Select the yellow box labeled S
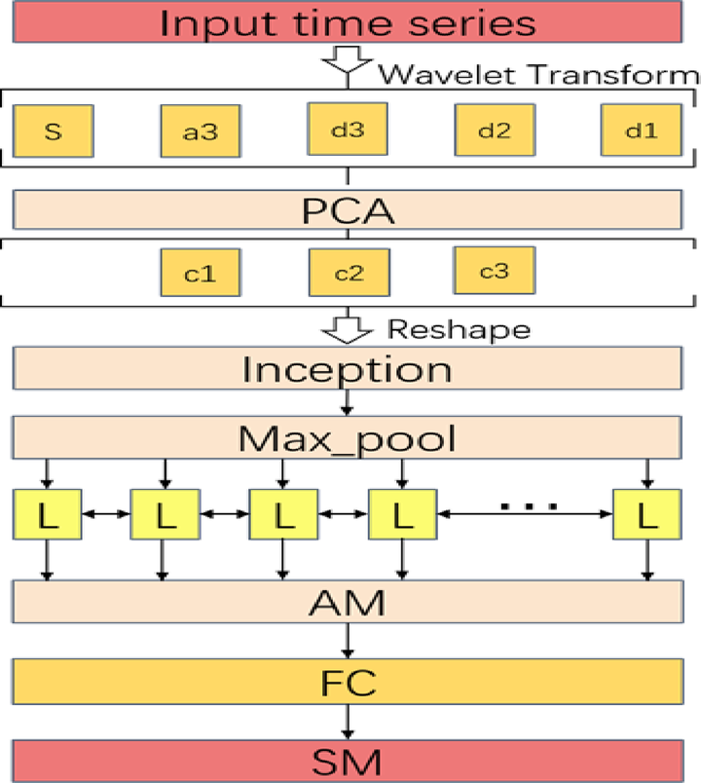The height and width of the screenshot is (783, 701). coord(54,130)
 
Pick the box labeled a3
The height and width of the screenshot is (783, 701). coord(200,130)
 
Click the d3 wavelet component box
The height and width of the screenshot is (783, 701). coord(348,127)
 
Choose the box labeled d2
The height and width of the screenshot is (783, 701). coord(496,130)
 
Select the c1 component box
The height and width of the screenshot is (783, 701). coord(200,273)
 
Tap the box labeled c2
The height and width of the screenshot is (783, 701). coord(348,272)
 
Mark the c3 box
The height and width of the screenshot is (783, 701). coord(495,270)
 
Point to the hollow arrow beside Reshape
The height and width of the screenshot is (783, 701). coord(348,328)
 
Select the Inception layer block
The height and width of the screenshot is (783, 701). coord(348,370)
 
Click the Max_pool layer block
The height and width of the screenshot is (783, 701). coord(348,438)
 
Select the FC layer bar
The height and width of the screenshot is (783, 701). coord(348,679)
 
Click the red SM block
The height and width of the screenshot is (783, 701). coord(348,758)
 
